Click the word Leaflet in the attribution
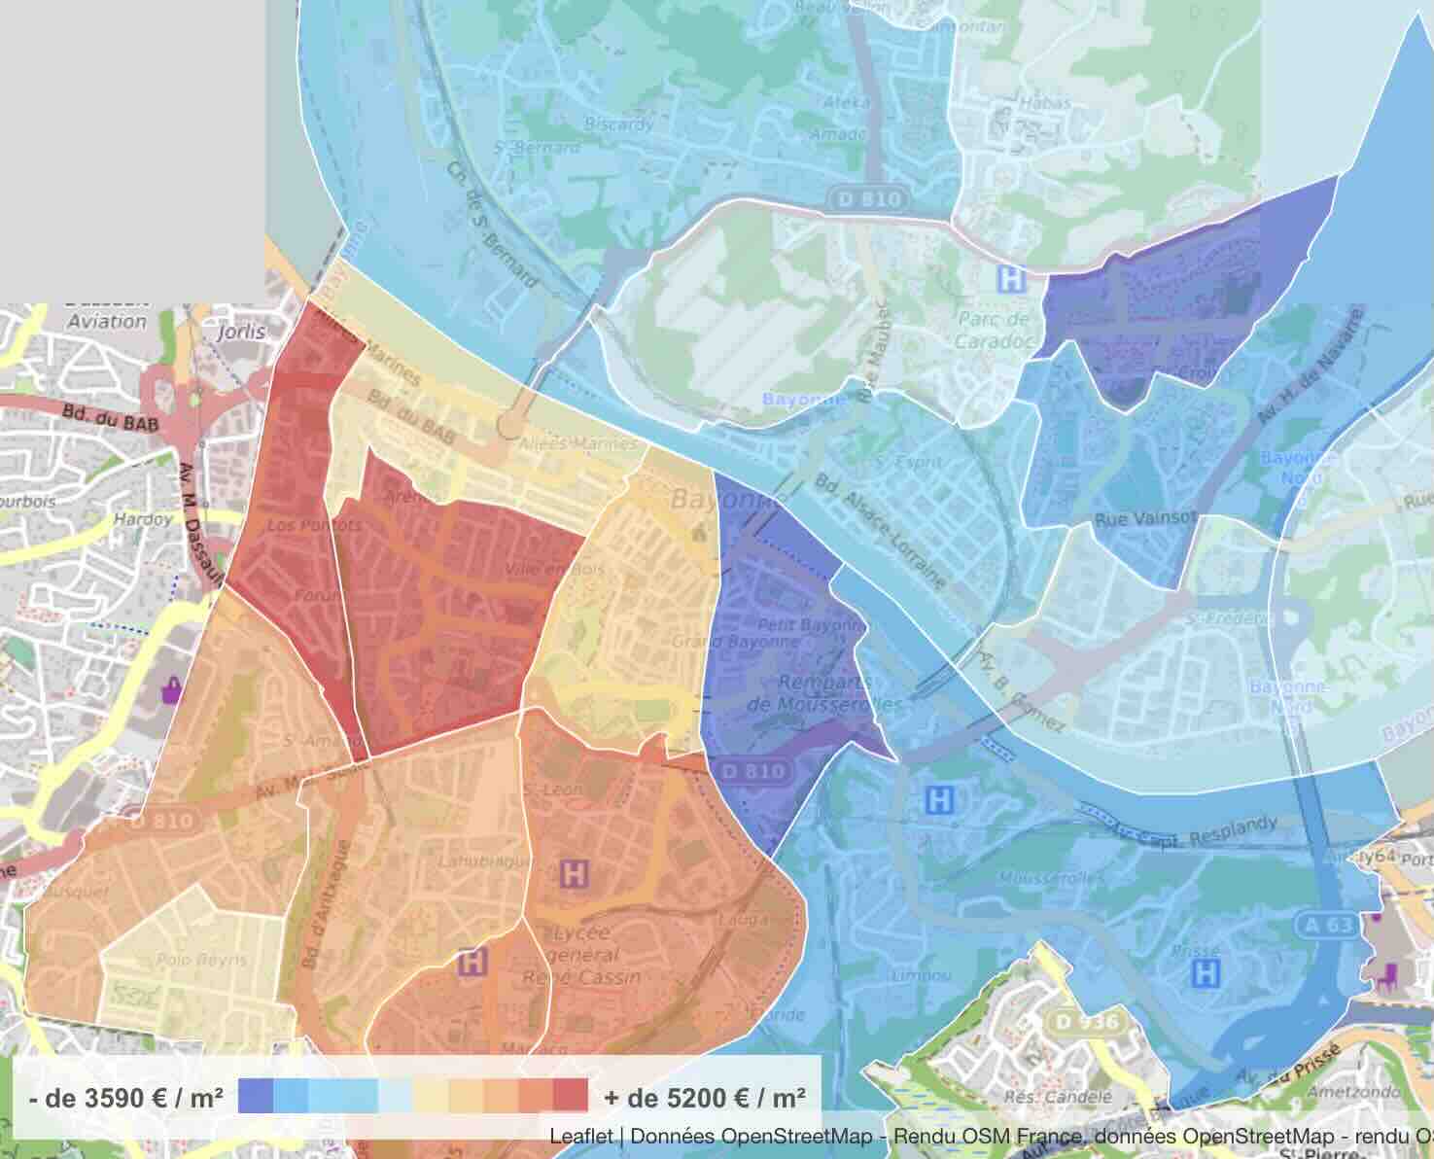[580, 1136]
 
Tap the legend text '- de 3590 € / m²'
[126, 1098]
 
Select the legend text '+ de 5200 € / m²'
[705, 1098]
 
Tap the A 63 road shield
[1328, 925]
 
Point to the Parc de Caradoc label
[992, 330]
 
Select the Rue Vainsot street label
[1145, 519]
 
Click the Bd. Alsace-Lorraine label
[881, 531]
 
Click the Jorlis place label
[241, 332]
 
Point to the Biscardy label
[619, 123]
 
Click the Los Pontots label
[300, 525]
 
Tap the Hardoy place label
[143, 519]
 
